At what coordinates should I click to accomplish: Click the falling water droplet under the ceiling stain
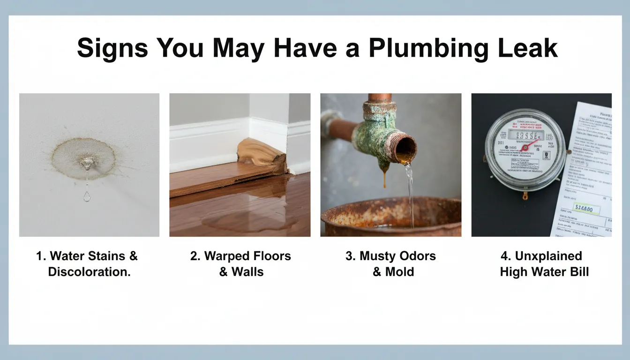[x=87, y=196]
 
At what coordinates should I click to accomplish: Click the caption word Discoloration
[x=89, y=271]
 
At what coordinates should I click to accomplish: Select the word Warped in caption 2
[x=226, y=256]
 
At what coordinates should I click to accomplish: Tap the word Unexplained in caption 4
[x=548, y=256]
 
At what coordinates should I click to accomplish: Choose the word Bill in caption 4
[x=578, y=271]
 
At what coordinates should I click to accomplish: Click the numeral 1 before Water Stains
[x=40, y=256]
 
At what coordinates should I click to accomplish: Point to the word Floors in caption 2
[x=271, y=256]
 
